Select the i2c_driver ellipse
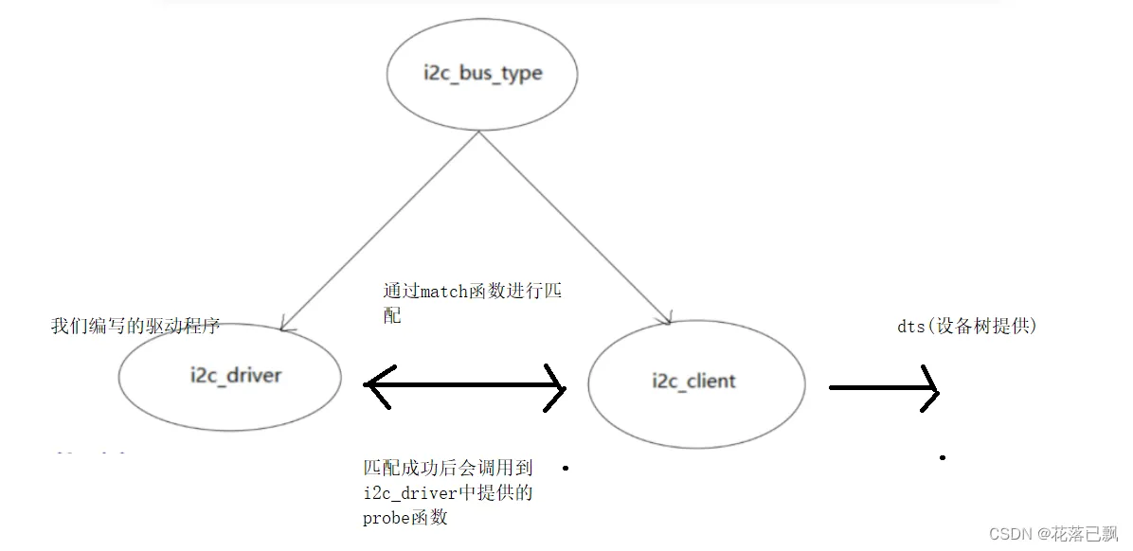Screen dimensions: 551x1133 point(229,376)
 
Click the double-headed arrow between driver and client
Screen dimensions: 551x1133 point(464,385)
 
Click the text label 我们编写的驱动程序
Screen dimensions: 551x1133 point(135,326)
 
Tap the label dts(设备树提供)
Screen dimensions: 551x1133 point(967,326)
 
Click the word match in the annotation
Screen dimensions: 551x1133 point(445,293)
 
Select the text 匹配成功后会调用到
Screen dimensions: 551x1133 point(448,468)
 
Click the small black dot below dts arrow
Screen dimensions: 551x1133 point(943,457)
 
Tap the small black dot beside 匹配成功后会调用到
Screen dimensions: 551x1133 point(566,468)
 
